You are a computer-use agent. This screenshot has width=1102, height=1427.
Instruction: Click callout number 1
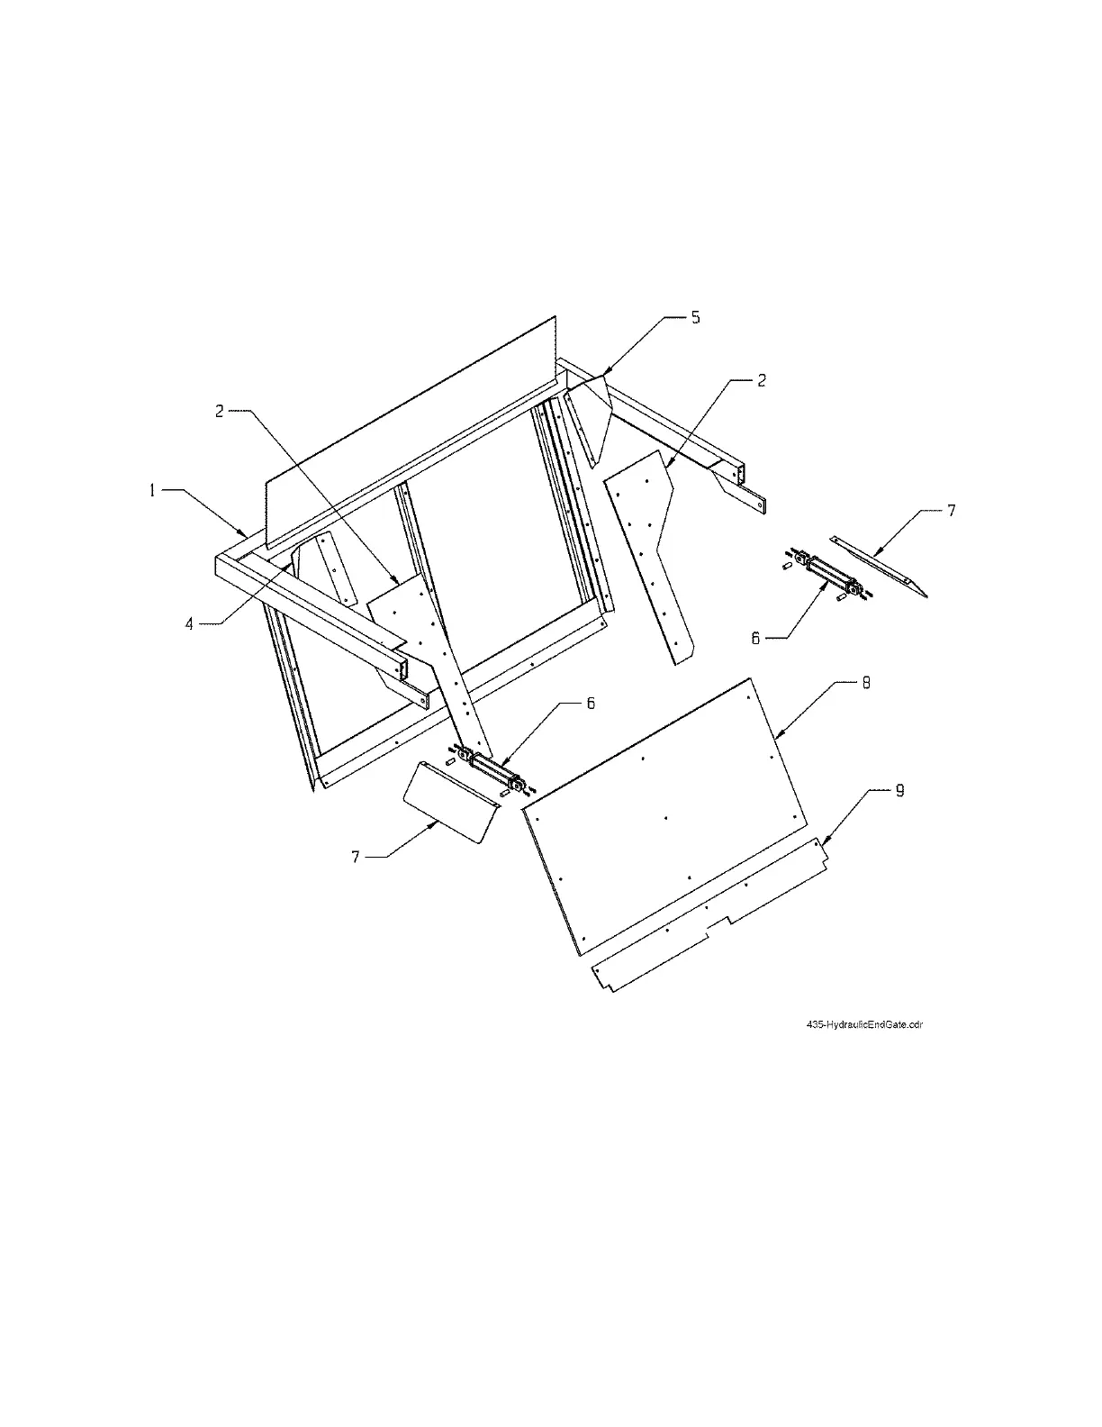pyautogui.click(x=153, y=490)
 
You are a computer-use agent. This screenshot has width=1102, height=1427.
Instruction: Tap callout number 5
pyautogui.click(x=695, y=318)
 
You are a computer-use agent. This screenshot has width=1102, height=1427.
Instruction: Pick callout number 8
pyautogui.click(x=865, y=683)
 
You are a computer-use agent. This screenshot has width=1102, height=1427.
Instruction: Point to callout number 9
pyautogui.click(x=899, y=791)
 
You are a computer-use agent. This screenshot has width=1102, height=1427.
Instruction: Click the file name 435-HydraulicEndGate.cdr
pyautogui.click(x=865, y=1024)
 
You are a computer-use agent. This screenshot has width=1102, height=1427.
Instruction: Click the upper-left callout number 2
pyautogui.click(x=219, y=411)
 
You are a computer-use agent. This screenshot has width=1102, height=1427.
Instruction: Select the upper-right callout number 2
pyautogui.click(x=761, y=380)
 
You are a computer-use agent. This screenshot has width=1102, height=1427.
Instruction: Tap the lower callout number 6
pyautogui.click(x=591, y=704)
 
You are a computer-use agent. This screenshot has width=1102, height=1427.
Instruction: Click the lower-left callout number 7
pyautogui.click(x=357, y=857)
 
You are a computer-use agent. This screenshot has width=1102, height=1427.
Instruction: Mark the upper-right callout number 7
pyautogui.click(x=951, y=511)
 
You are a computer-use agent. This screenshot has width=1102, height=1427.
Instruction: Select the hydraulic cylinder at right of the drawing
pyautogui.click(x=827, y=576)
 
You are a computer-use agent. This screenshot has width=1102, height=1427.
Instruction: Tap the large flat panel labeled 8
pyautogui.click(x=666, y=811)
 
